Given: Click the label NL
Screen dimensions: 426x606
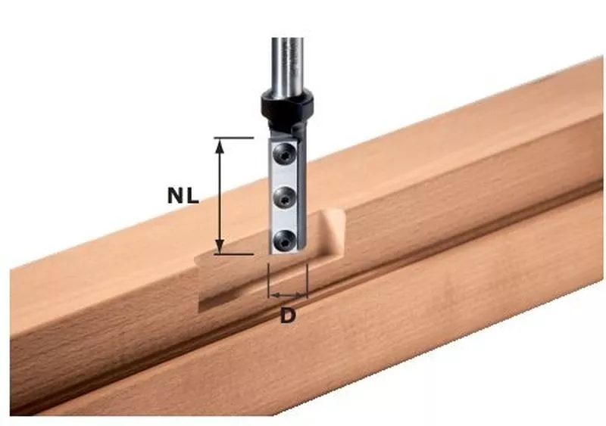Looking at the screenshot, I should point(183,196).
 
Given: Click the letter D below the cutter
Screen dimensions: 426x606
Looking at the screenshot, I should point(288,316).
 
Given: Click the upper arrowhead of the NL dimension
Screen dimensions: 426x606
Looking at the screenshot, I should point(220,146).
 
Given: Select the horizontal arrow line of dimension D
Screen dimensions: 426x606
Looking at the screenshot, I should point(289,294).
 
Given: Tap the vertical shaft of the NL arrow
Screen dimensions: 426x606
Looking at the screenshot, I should point(220,196).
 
